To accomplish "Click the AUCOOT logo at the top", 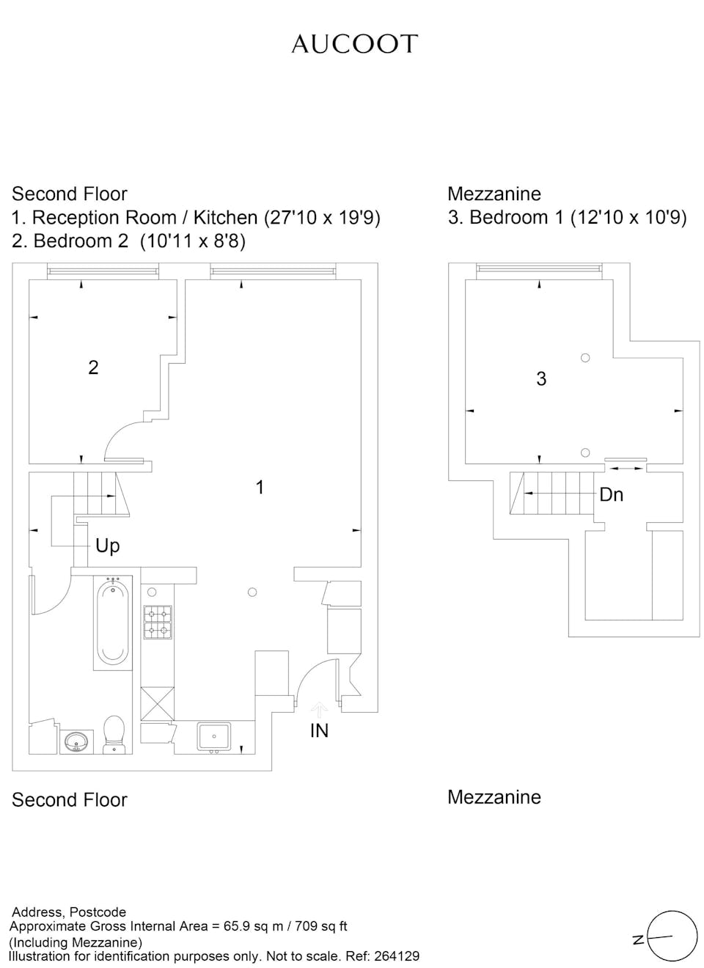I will click(354, 44).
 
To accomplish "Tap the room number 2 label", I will click(93, 367).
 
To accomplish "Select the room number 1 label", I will click(260, 487).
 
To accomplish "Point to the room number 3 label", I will click(541, 378).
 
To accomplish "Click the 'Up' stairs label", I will click(107, 546).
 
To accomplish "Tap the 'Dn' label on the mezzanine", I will click(611, 495).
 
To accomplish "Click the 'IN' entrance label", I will click(319, 730).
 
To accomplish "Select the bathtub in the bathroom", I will click(113, 621).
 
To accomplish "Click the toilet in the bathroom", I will click(114, 733).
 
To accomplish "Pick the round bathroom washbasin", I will click(76, 742).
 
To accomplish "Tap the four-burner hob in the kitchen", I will click(158, 622).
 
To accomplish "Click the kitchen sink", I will click(214, 736).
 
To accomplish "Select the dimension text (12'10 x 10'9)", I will click(628, 218).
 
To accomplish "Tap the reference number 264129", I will click(397, 956).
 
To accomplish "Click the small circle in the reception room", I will click(252, 592).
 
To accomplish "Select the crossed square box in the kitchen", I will click(158, 703).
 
